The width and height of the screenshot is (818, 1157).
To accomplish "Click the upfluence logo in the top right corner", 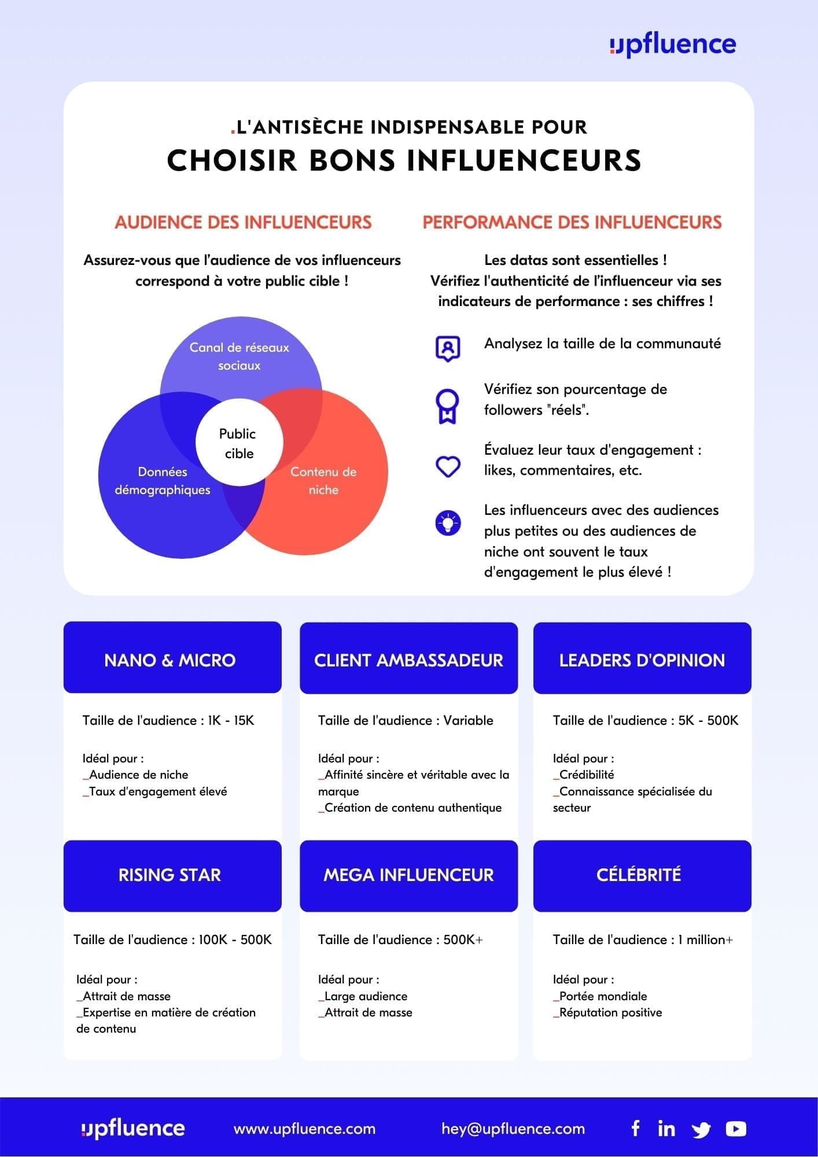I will [673, 45].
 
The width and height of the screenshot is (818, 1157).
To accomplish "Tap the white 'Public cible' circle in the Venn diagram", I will [238, 443].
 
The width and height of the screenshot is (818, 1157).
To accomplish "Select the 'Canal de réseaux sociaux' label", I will [239, 356].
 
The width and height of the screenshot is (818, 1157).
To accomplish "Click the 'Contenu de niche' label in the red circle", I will [323, 481].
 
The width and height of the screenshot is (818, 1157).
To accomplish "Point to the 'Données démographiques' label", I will [163, 481].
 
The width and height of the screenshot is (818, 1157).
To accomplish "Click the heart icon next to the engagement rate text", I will [448, 466].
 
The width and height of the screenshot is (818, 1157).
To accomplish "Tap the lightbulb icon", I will [448, 523].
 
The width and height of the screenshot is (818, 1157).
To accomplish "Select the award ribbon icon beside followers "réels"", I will [448, 406].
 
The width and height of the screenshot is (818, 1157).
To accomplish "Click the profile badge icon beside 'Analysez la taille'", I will [448, 348].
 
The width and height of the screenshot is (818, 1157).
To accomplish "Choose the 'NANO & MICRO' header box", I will [172, 658].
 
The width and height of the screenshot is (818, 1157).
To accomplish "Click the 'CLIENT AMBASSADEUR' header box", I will [408, 658].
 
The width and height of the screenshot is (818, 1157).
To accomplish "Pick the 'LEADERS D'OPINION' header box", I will [642, 658].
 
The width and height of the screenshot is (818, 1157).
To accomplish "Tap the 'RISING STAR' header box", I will [172, 875].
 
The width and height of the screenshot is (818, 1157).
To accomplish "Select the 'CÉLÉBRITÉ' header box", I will [642, 875].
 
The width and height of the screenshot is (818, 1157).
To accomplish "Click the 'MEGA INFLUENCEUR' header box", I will [408, 875].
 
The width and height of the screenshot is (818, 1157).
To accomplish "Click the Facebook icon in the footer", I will [635, 1128].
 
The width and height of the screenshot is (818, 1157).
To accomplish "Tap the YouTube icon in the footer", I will [736, 1129].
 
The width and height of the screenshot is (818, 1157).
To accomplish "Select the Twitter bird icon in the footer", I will [701, 1129].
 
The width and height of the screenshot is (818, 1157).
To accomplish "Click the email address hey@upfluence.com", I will [513, 1129].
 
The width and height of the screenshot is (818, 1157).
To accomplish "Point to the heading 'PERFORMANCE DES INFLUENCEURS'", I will [572, 223].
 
